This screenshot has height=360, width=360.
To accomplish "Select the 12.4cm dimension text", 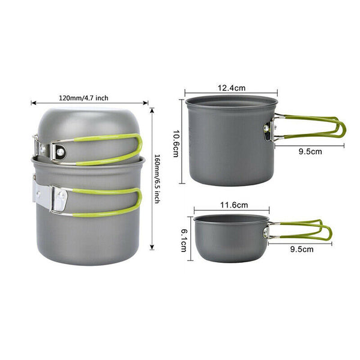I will click(232, 88).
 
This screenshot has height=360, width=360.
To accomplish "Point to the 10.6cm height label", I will click(176, 142).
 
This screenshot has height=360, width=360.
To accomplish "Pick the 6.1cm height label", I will click(184, 238).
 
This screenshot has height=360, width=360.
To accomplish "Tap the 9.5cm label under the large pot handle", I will click(310, 152).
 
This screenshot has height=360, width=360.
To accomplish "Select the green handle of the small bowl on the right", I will click(306, 231).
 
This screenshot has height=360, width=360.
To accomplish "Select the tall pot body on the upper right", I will click(232, 141).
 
